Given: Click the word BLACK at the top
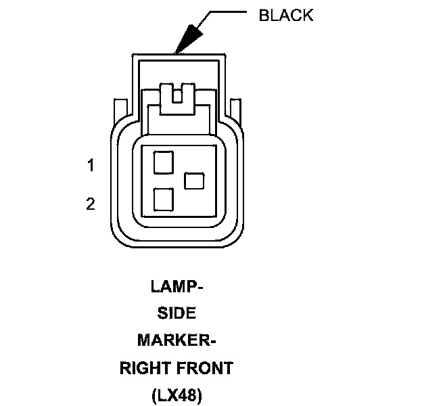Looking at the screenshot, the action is [286, 16].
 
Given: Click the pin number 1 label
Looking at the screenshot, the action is [91, 165].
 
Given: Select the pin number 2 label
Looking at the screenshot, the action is [91, 204].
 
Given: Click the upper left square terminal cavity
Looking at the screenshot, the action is [164, 162].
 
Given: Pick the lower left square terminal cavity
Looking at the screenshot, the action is [164, 199].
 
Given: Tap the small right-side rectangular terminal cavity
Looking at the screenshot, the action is [194, 181].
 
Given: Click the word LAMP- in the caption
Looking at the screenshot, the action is [176, 286].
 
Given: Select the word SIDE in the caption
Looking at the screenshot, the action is [176, 313].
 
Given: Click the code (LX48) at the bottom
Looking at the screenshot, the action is [176, 394].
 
